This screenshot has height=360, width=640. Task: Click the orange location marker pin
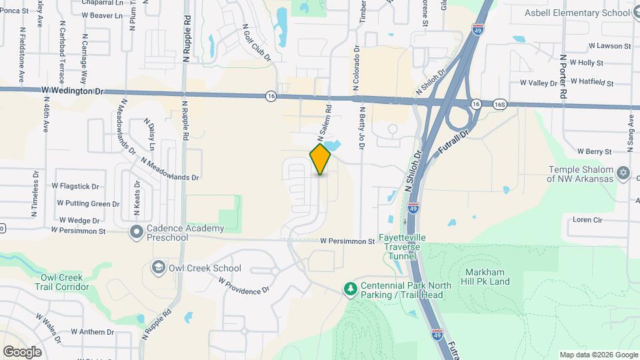tap(320, 159)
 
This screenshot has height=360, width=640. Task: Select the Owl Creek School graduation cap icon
tap(158, 268)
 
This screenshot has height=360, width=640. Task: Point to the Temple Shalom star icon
tap(623, 173)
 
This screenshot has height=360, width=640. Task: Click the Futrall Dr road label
tap(455, 144)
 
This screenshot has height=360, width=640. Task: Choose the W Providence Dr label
tap(243, 285)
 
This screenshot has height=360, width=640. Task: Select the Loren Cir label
tap(587, 219)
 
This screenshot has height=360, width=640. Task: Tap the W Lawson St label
tap(609, 46)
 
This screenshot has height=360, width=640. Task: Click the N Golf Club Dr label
tap(257, 46)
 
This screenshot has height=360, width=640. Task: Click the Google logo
tap(22, 352)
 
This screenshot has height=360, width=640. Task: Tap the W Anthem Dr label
tap(93, 332)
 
